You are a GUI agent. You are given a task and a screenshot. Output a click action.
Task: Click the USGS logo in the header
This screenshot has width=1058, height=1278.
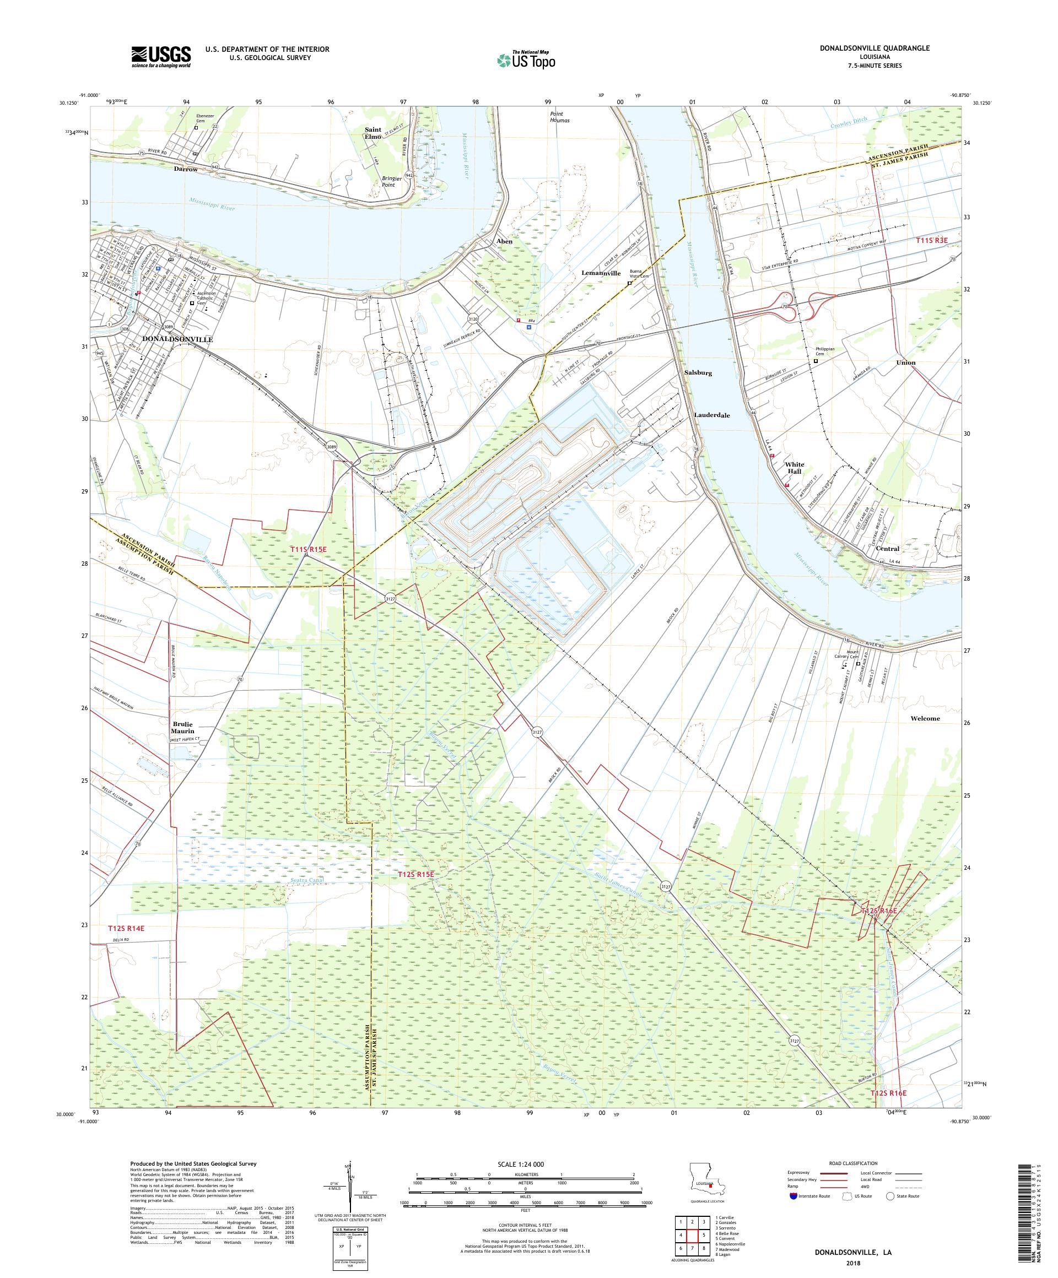(161, 57)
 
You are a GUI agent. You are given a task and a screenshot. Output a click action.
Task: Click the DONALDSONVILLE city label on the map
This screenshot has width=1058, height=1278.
(177, 339)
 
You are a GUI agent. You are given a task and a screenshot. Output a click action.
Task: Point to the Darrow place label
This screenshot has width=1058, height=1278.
(186, 169)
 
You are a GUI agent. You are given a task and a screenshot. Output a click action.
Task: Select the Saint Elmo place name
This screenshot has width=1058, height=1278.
(373, 133)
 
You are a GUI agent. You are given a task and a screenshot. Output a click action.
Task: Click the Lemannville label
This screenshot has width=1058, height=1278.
(600, 273)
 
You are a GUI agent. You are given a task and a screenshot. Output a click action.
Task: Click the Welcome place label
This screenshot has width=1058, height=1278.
(925, 718)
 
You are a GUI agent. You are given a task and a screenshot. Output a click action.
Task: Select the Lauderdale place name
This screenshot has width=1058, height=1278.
(711, 415)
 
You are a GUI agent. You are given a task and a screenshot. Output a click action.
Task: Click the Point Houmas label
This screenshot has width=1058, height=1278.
(556, 117)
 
